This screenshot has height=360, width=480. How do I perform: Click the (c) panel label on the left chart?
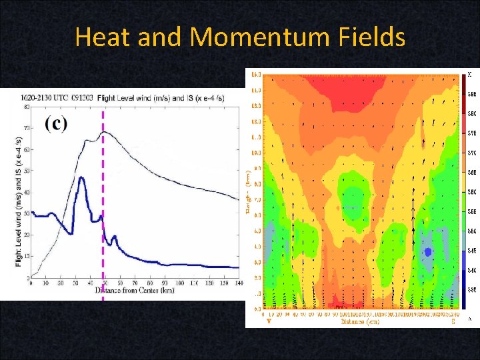[56, 124]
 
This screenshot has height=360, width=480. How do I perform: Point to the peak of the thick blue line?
[81, 177]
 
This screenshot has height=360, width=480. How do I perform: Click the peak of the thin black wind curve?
[103, 132]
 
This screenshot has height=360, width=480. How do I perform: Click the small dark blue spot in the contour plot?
[429, 252]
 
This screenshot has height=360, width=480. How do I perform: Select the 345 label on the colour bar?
[471, 251]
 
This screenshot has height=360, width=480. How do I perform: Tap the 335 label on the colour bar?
[471, 290]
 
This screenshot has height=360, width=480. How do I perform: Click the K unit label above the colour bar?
[469, 74]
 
